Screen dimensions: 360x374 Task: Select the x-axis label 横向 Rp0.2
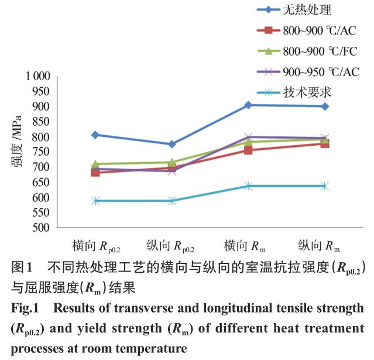[95, 245]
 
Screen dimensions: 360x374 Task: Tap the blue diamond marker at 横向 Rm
[248, 105]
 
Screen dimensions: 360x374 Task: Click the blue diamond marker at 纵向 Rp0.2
[171, 144]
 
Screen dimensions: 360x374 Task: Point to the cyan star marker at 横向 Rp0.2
[95, 201]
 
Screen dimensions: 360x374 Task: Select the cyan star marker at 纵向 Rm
[324, 186]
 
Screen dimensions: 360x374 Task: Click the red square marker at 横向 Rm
[248, 150]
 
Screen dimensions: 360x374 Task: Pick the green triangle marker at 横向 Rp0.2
[95, 164]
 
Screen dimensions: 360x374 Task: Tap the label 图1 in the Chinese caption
[22, 268]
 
